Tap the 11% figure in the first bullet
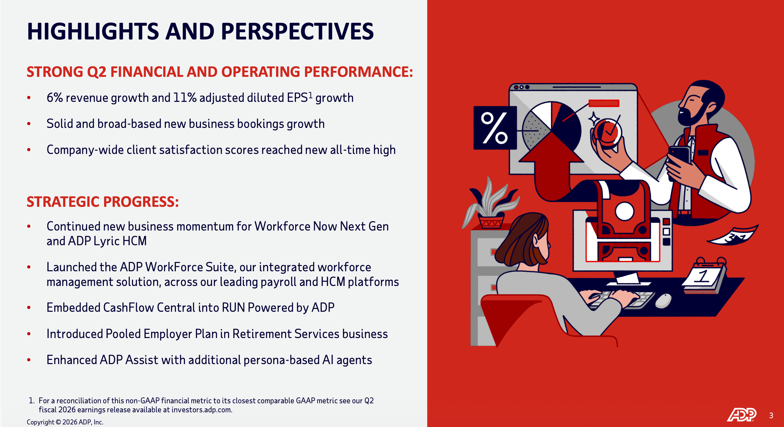(x=185, y=97)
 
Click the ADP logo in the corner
(x=741, y=415)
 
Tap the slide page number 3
(x=771, y=415)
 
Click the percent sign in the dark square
(x=494, y=128)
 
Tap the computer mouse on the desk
(x=663, y=301)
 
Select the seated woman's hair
(x=522, y=240)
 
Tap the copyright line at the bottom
(x=65, y=422)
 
